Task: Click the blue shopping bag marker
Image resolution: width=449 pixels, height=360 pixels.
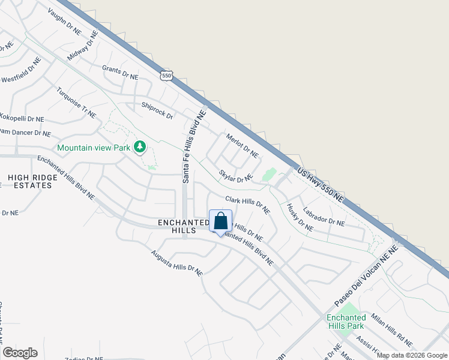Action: (x=220, y=221)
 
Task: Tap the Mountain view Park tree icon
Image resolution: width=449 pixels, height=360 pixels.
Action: (x=140, y=147)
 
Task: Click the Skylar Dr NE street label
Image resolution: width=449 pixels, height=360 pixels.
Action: (x=235, y=176)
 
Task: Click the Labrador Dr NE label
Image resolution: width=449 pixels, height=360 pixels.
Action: (x=324, y=217)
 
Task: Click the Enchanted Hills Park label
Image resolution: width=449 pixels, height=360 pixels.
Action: (x=346, y=322)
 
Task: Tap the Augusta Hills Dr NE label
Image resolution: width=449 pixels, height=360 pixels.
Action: (x=177, y=263)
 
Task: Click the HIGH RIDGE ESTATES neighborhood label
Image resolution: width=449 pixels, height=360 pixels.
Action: (x=29, y=181)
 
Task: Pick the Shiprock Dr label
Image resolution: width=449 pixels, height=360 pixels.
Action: (x=157, y=111)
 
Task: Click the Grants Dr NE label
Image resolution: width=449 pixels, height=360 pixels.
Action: (x=120, y=73)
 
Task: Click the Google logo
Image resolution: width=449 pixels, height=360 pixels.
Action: (x=20, y=353)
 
